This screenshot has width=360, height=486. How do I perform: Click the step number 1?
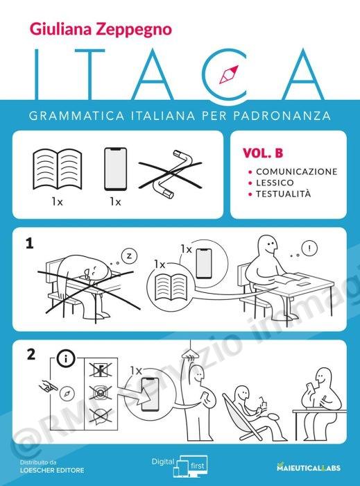29,244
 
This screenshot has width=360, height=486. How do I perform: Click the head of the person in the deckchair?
243,394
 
